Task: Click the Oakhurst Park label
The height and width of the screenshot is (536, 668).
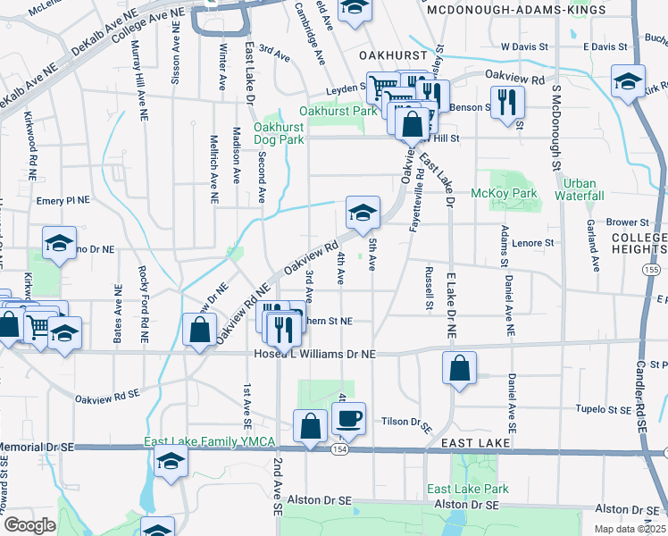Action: pos(338,112)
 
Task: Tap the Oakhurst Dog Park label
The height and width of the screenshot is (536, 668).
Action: pos(279,133)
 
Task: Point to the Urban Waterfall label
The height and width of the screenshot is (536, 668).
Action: pos(579,189)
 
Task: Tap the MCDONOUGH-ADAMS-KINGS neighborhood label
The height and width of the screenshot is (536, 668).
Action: pos(516,10)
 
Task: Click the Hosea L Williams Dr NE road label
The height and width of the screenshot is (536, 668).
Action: pos(311,355)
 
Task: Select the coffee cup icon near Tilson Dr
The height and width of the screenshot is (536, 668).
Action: pos(348,418)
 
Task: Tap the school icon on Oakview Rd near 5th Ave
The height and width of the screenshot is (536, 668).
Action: pos(363,214)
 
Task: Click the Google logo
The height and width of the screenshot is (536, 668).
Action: pos(29,525)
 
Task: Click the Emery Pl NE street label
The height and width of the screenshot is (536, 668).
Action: pos(63,202)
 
